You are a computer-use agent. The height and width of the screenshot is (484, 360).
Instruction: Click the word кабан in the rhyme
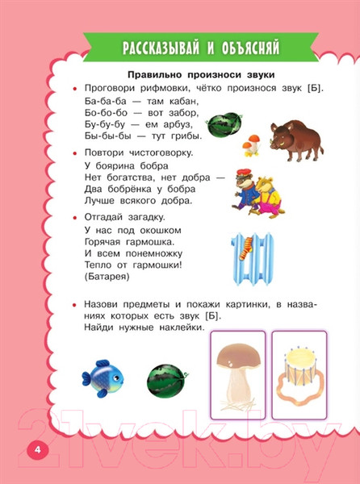[174, 101]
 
